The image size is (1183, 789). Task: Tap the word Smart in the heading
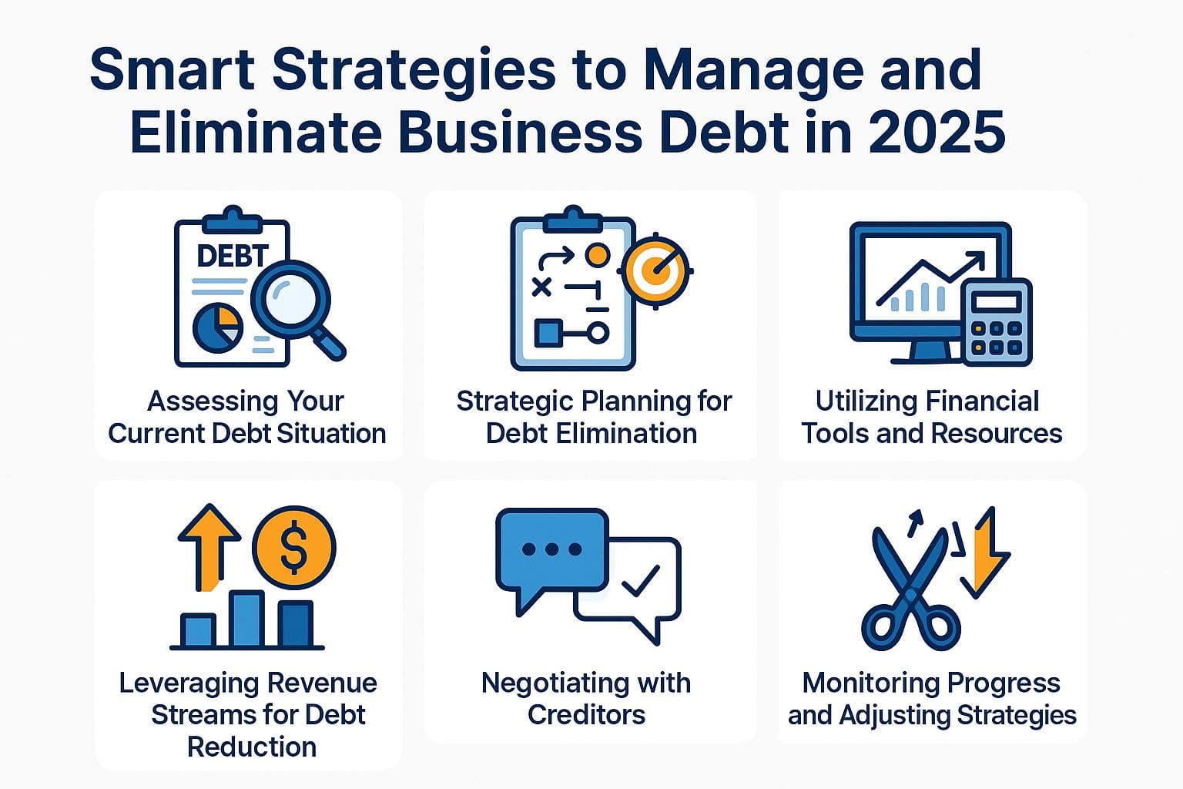(173, 69)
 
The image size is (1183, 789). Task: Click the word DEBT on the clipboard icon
(233, 256)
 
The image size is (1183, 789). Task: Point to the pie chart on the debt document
(218, 327)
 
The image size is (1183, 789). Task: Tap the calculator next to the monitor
(996, 322)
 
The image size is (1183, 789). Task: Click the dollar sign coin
(293, 548)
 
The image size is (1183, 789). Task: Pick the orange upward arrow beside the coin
(209, 548)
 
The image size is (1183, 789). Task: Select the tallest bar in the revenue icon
(246, 618)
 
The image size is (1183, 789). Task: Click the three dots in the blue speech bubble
(552, 549)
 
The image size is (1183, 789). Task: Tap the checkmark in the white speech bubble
(641, 581)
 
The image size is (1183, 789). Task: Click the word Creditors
(586, 714)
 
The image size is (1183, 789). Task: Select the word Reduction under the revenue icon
(252, 747)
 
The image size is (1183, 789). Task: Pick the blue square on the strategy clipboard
(548, 333)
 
